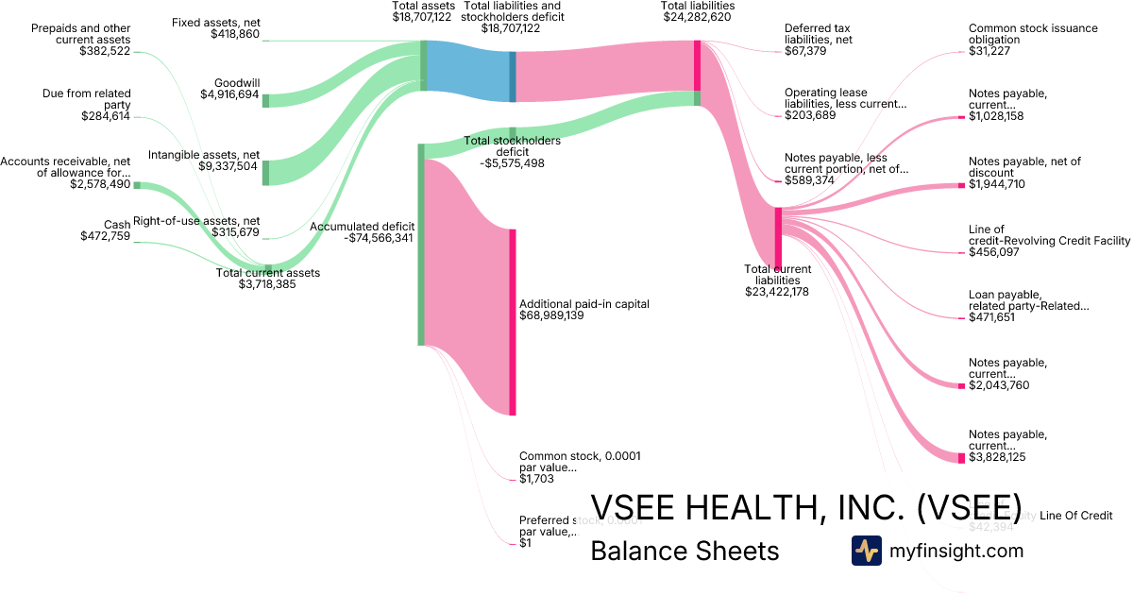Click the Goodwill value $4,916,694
point(229,94)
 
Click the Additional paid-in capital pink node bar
point(513,321)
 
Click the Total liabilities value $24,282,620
point(698,17)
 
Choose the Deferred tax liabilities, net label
point(818,34)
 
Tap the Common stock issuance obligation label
point(1033,34)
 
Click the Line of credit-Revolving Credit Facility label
point(1049,235)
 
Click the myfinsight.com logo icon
point(866,551)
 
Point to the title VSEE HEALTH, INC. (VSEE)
point(805,507)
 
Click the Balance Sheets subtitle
point(685,551)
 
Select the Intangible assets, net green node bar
point(265,172)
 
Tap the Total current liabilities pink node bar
point(778,237)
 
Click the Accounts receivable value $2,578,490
point(100,184)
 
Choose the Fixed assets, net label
point(215,22)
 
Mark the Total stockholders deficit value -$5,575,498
point(512,163)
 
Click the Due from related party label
point(87,99)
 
